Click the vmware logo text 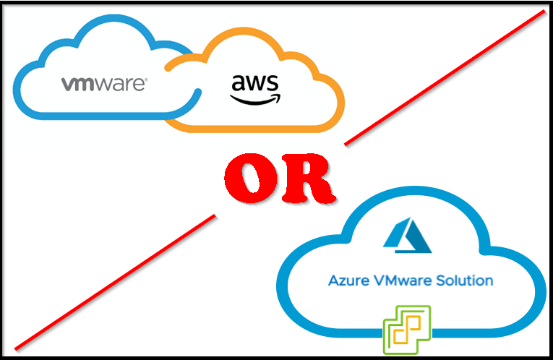pyautogui.click(x=104, y=84)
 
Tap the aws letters pyautogui.click(x=254, y=85)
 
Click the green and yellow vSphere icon pyautogui.click(x=406, y=330)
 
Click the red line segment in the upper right pyautogui.click(x=448, y=75)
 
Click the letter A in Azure pyautogui.click(x=333, y=280)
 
